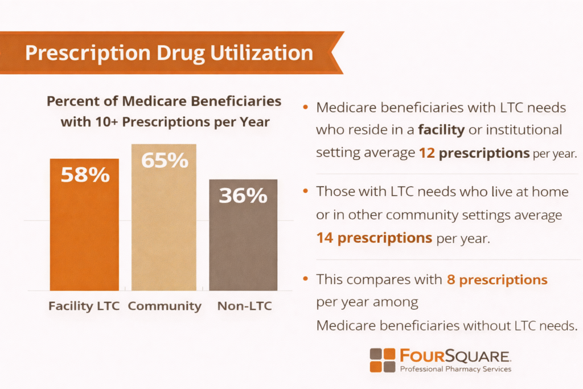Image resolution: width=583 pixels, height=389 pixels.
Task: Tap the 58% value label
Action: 85,175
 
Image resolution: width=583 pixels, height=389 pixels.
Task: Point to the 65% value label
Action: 165,160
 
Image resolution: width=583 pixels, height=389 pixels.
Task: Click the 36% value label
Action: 243,195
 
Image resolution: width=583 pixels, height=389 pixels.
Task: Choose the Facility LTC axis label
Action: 84,306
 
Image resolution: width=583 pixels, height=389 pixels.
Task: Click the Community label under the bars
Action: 165,306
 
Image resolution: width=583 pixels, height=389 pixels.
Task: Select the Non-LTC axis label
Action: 244,306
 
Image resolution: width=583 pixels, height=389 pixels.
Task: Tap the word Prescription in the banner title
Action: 80,53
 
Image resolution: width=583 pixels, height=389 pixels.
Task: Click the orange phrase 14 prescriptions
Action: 374,238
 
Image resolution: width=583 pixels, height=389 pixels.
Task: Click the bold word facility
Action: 442,130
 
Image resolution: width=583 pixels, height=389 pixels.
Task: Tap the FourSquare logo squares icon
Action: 382,360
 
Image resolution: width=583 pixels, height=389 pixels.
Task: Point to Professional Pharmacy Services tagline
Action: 455,369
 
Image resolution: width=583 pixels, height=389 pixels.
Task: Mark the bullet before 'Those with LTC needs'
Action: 307,191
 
